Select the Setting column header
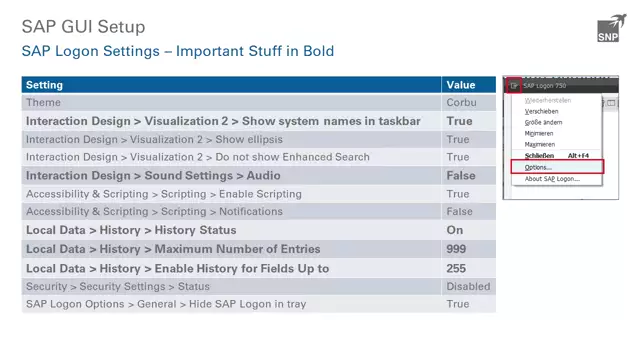pyautogui.click(x=44, y=85)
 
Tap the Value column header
pyautogui.click(x=460, y=85)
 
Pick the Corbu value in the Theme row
pyautogui.click(x=462, y=103)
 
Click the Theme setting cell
pyautogui.click(x=43, y=103)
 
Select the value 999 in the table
pyautogui.click(x=457, y=249)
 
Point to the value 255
pyautogui.click(x=457, y=268)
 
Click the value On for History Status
pyautogui.click(x=454, y=231)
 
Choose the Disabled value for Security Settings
pyautogui.click(x=468, y=286)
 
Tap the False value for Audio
pyautogui.click(x=460, y=176)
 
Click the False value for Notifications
pyautogui.click(x=460, y=212)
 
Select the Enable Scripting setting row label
pyautogui.click(x=163, y=194)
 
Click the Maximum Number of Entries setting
pyautogui.click(x=173, y=249)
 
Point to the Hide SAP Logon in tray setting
pyautogui.click(x=166, y=304)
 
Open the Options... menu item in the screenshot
pyautogui.click(x=538, y=167)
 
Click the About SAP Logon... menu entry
pyautogui.click(x=552, y=179)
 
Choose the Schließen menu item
pyautogui.click(x=539, y=156)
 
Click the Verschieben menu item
pyautogui.click(x=541, y=111)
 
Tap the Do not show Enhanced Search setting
pyautogui.click(x=198, y=157)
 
